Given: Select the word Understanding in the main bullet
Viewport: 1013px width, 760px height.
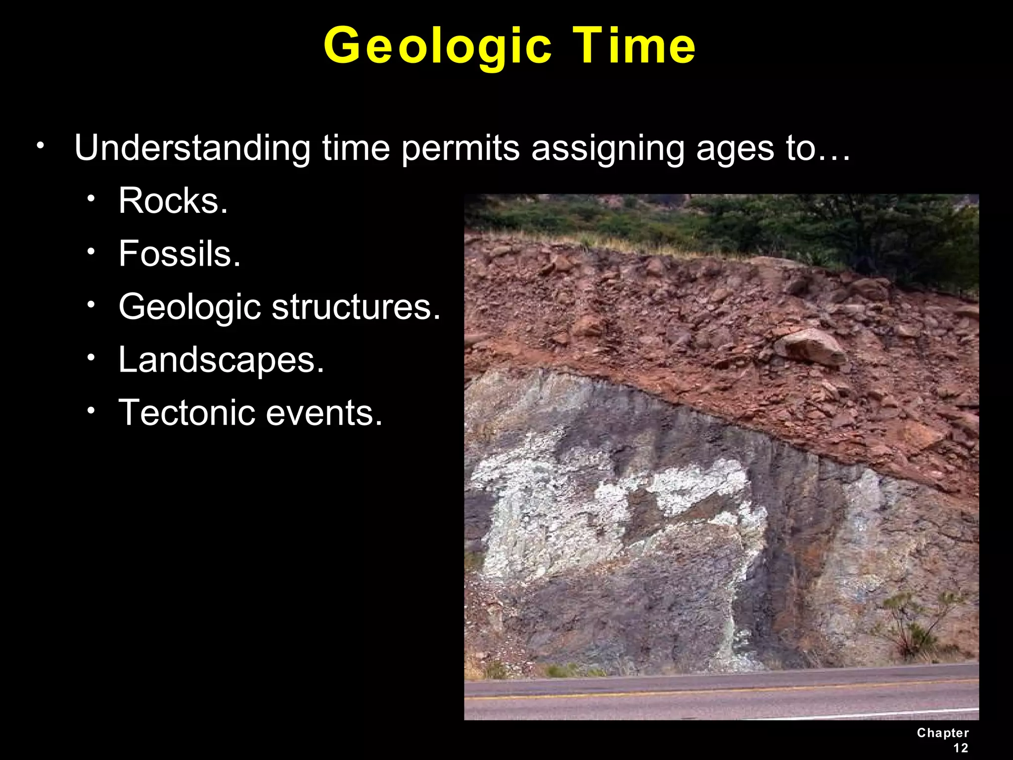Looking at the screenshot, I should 192,148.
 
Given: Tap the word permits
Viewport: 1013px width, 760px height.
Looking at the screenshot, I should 460,148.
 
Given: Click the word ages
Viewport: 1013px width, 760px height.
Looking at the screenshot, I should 735,148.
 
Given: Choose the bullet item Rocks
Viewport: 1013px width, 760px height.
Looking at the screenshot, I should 173,201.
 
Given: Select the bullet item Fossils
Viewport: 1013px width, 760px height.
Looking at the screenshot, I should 180,254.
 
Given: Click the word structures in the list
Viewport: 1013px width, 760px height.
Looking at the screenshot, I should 356,307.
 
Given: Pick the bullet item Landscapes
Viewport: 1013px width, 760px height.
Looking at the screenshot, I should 221,360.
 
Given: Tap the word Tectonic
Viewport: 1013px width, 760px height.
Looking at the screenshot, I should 186,413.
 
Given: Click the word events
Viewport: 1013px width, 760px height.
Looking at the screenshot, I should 324,413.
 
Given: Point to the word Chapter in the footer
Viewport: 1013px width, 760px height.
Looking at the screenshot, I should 943,733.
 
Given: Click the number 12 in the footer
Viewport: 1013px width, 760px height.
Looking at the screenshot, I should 961,748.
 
